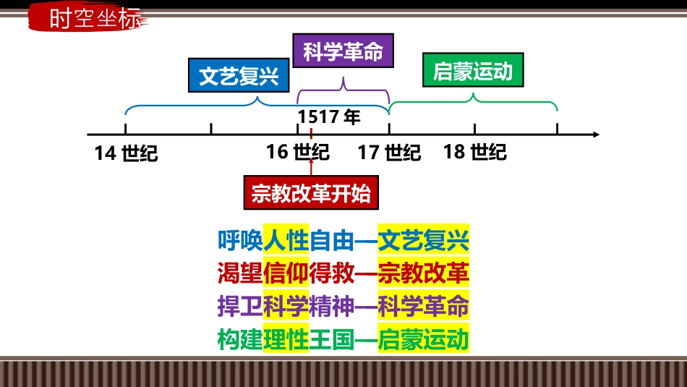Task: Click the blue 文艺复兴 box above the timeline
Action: pos(239,75)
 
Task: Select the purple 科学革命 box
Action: pos(343,51)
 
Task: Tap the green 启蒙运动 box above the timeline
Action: pos(473,70)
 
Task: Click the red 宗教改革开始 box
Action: pos(311,193)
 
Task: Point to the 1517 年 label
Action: pos(329,117)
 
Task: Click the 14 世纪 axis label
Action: pos(126,153)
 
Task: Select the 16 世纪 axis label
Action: pos(298,152)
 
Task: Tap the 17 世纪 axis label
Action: pos(389,153)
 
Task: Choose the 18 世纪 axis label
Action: pos(475,152)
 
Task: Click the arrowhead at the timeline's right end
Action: pos(597,134)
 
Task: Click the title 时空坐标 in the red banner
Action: pos(95,19)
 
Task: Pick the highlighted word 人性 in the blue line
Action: pos(286,241)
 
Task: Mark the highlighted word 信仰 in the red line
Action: pos(286,273)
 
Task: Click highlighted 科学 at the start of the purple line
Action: pos(286,306)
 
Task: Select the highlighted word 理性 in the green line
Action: pos(286,339)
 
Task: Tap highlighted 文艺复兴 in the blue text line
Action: pos(423,241)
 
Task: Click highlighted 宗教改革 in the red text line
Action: pos(423,273)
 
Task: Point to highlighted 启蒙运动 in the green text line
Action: pos(423,339)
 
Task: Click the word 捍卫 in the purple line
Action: pos(240,306)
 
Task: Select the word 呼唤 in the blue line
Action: pos(240,241)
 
